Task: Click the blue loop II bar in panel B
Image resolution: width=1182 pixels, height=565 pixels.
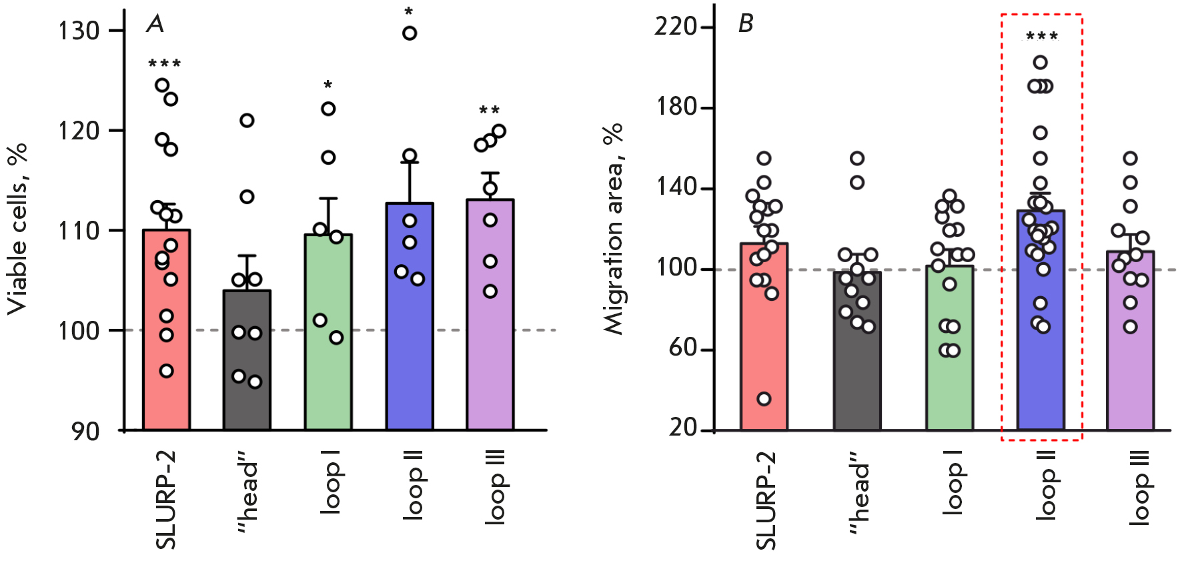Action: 1041,374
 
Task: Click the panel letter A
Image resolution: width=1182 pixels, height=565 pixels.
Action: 155,25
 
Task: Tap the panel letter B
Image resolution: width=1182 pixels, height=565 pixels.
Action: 745,24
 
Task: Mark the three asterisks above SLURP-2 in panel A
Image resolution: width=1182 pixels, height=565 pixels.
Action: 164,64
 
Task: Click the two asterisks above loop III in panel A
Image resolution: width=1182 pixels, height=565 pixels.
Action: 489,111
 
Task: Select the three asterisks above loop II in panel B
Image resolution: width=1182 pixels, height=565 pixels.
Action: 1041,37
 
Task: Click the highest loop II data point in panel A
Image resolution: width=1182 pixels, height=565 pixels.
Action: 410,33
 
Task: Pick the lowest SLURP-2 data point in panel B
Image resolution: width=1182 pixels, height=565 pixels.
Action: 764,399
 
